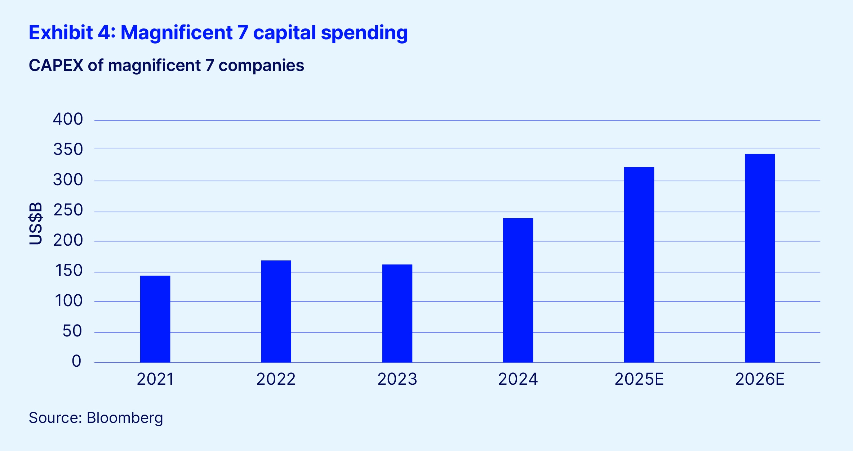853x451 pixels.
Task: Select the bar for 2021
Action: click(x=155, y=319)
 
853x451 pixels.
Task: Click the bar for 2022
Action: click(x=276, y=311)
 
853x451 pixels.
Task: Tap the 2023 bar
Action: click(x=397, y=313)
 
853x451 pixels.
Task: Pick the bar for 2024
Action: click(x=518, y=290)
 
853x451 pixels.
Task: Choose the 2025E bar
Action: click(x=639, y=265)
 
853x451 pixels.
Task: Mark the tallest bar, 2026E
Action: click(x=760, y=258)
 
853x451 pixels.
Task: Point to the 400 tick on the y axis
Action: click(x=68, y=119)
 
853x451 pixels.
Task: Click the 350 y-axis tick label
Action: click(x=68, y=149)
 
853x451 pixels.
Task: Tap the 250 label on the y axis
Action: click(x=68, y=210)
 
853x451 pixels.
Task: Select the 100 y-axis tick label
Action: click(x=68, y=301)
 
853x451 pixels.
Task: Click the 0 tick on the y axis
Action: click(x=76, y=361)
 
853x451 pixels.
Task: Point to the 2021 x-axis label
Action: click(x=155, y=379)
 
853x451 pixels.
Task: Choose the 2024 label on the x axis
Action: click(x=518, y=379)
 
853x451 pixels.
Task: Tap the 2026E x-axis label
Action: click(x=760, y=379)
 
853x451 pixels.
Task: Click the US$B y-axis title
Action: click(x=35, y=223)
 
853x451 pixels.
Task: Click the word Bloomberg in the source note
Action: click(x=125, y=418)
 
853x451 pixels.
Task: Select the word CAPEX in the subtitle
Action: click(x=56, y=66)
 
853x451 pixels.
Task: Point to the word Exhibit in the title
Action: click(x=61, y=32)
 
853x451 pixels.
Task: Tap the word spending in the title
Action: click(x=364, y=33)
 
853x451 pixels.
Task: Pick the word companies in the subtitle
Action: click(x=261, y=66)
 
